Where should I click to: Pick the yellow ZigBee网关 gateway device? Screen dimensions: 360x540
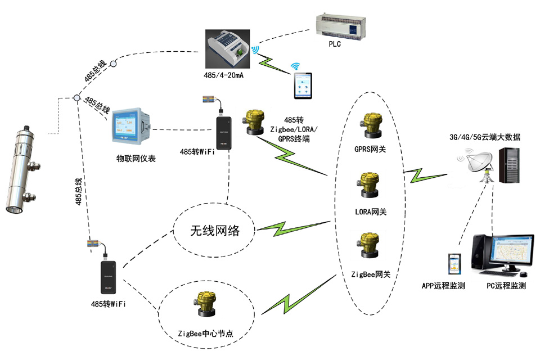[368, 246]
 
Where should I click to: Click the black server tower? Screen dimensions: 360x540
[509, 164]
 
